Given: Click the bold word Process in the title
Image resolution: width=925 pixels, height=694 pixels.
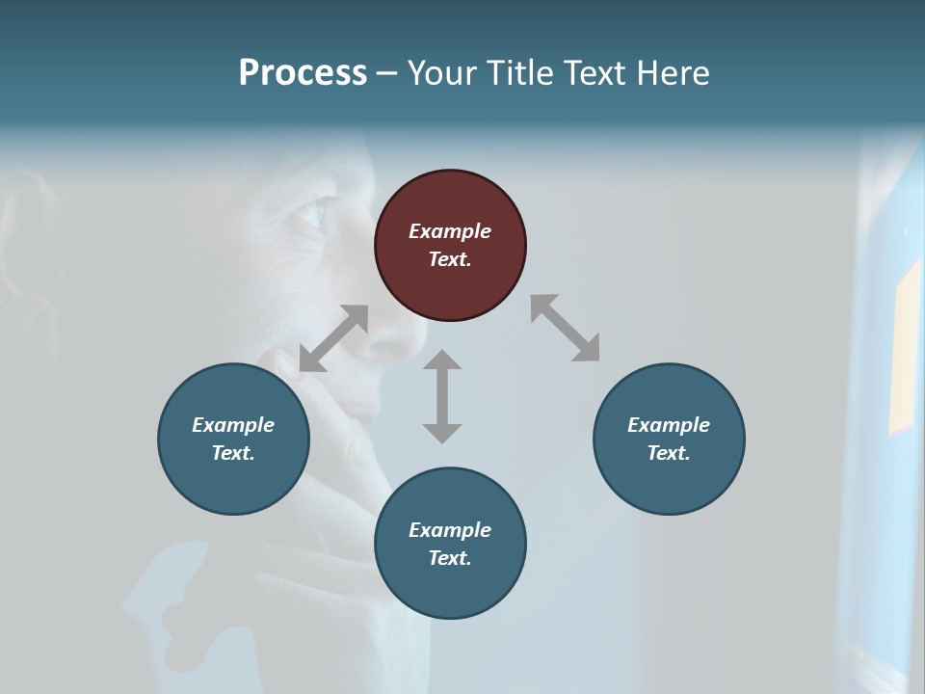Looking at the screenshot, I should (x=303, y=73).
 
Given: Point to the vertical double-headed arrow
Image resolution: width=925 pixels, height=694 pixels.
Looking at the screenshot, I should (x=442, y=396).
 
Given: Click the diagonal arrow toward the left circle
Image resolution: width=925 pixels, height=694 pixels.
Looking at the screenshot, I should (x=333, y=338).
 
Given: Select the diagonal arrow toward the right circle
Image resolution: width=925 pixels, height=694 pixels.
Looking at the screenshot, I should (x=565, y=328).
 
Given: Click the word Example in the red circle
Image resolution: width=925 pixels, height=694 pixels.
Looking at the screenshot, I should (x=450, y=231).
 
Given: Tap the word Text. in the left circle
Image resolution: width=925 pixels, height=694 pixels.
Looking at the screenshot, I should (x=233, y=453).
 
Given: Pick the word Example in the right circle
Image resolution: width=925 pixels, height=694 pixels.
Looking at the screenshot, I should (x=669, y=425).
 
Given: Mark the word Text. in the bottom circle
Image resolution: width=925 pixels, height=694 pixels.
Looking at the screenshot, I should (x=450, y=558).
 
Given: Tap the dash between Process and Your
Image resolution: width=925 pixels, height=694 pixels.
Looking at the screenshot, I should (x=386, y=73).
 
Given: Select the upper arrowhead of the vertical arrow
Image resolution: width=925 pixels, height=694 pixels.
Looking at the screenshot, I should (x=442, y=360).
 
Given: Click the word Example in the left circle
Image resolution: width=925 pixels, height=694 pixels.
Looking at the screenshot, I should (x=233, y=425).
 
